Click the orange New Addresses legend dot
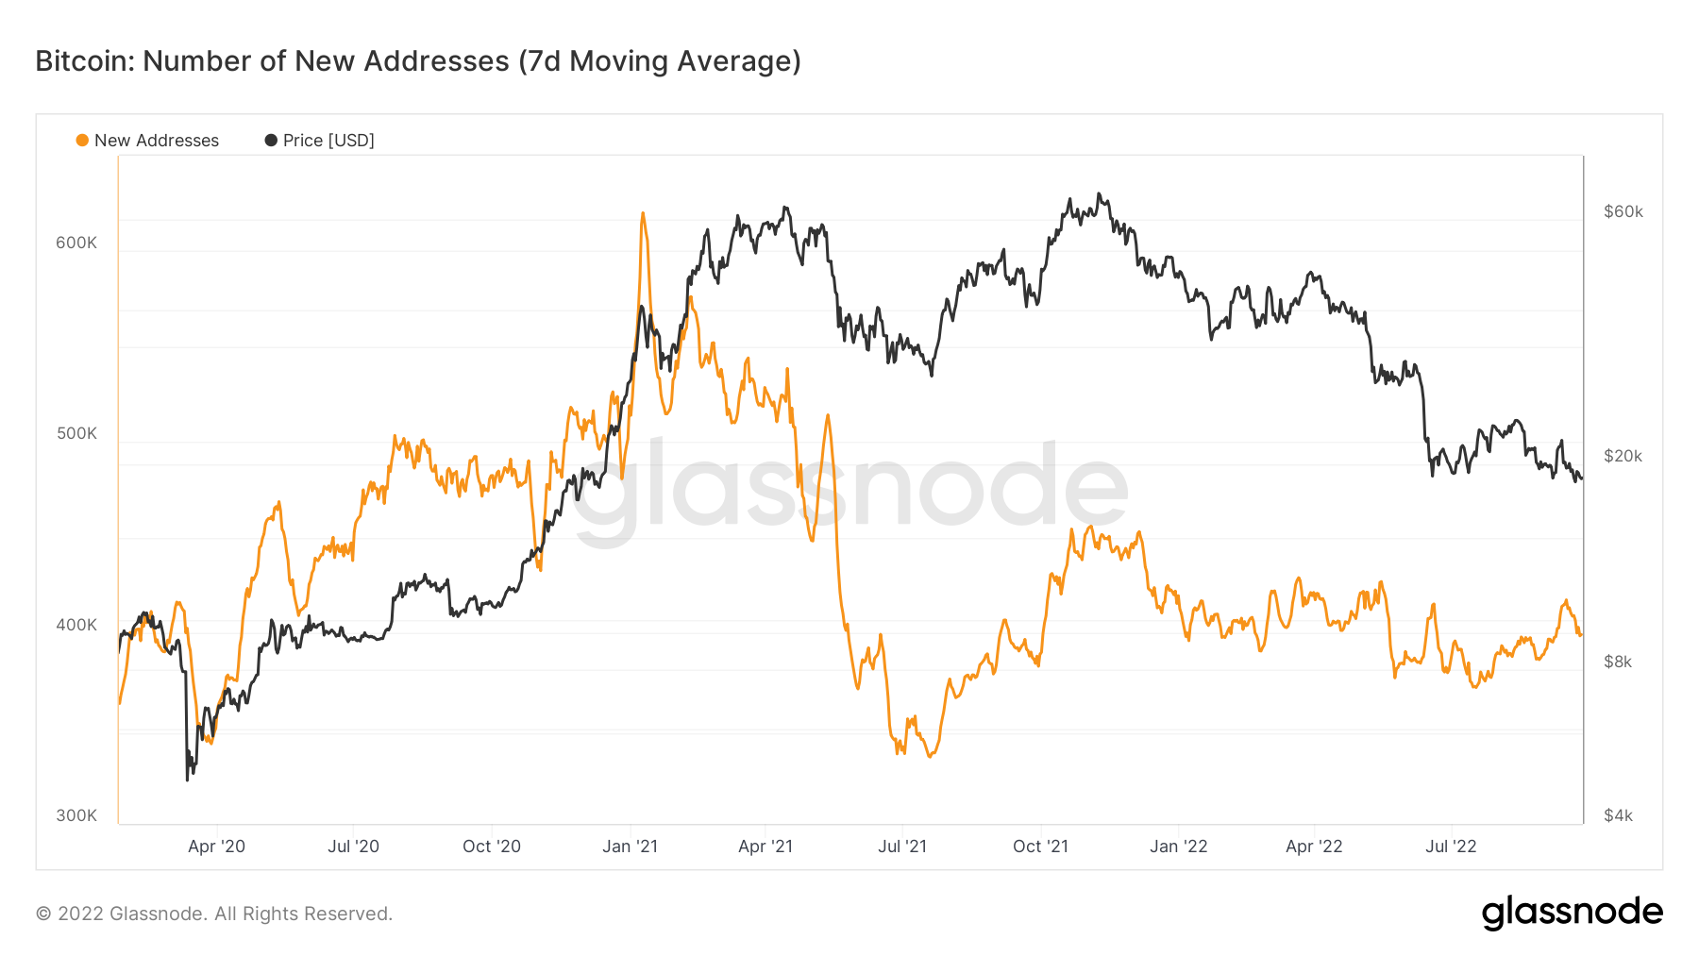[82, 141]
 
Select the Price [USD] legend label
[328, 141]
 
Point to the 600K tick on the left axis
[76, 243]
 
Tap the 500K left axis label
[76, 433]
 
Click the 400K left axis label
[76, 625]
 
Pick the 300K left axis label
[76, 815]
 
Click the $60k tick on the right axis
[1623, 211]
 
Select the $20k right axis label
[1623, 456]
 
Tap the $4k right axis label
[1618, 815]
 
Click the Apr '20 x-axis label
[216, 847]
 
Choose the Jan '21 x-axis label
[630, 847]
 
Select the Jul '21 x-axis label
[902, 847]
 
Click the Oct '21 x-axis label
[1040, 847]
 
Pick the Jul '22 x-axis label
[1451, 847]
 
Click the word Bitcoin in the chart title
[85, 61]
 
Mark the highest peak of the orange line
[643, 213]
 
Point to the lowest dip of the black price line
[188, 780]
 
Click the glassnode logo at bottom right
[1572, 913]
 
